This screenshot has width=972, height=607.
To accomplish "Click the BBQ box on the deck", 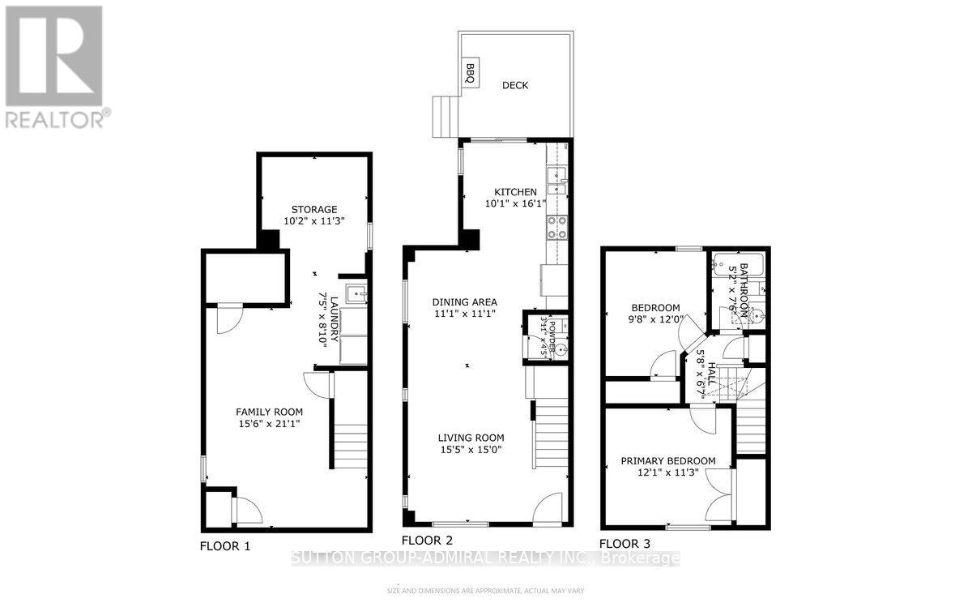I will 470,73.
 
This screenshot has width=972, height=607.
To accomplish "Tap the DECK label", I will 514,85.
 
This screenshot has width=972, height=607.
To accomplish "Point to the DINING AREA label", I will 464,301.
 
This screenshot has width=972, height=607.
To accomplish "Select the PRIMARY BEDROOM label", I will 668,461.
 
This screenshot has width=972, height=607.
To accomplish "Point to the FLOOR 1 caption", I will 225,546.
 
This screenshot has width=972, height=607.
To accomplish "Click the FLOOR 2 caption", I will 427,540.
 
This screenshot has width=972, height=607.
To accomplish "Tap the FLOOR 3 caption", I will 625,544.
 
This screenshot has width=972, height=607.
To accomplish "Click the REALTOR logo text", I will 54,120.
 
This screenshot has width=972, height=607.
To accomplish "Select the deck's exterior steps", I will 445,118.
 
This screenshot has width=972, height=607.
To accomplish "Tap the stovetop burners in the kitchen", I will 557,228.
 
